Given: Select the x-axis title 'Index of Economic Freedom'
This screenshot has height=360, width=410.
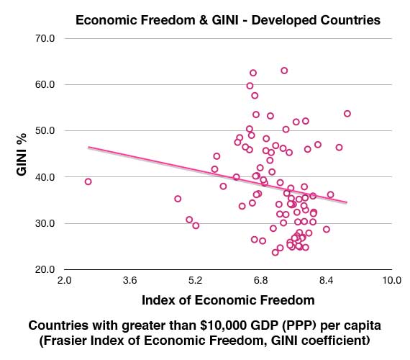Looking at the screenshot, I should (228, 298).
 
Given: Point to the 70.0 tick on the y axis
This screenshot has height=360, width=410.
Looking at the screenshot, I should (45, 37).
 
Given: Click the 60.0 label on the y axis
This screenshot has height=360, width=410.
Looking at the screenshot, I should (45, 84).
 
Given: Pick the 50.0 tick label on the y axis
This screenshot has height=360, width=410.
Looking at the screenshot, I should (45, 130).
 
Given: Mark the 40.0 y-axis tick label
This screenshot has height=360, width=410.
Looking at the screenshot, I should (45, 176).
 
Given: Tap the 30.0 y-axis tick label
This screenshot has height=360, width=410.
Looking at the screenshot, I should (45, 223).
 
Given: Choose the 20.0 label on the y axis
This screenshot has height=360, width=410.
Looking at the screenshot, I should (45, 269).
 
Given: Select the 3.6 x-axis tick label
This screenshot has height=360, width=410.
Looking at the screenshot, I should (129, 280).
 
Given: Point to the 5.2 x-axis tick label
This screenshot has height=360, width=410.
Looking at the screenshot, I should (195, 280).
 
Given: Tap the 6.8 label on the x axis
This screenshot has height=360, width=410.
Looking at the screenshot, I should (260, 280).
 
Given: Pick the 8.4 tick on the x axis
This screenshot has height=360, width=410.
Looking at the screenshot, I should (326, 280).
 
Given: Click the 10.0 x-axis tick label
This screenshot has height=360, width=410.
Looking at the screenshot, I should (391, 280).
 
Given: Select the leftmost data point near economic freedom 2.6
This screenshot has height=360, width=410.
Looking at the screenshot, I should (88, 181).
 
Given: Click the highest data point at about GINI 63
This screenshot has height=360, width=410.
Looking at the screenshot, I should (284, 71).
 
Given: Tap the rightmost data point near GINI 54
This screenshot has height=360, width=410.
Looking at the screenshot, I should (347, 114).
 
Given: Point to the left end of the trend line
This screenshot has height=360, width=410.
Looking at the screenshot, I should (88, 147).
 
